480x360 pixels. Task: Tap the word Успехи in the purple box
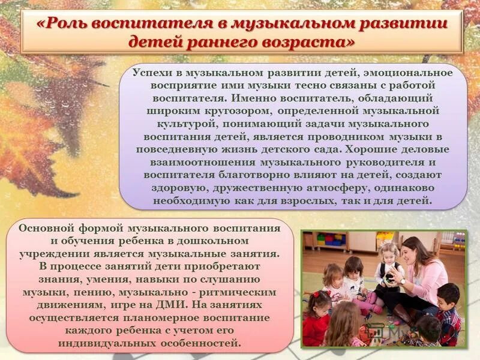(x=153, y=73)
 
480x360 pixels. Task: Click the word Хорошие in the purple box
(x=377, y=149)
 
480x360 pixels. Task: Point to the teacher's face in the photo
(x=414, y=251)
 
